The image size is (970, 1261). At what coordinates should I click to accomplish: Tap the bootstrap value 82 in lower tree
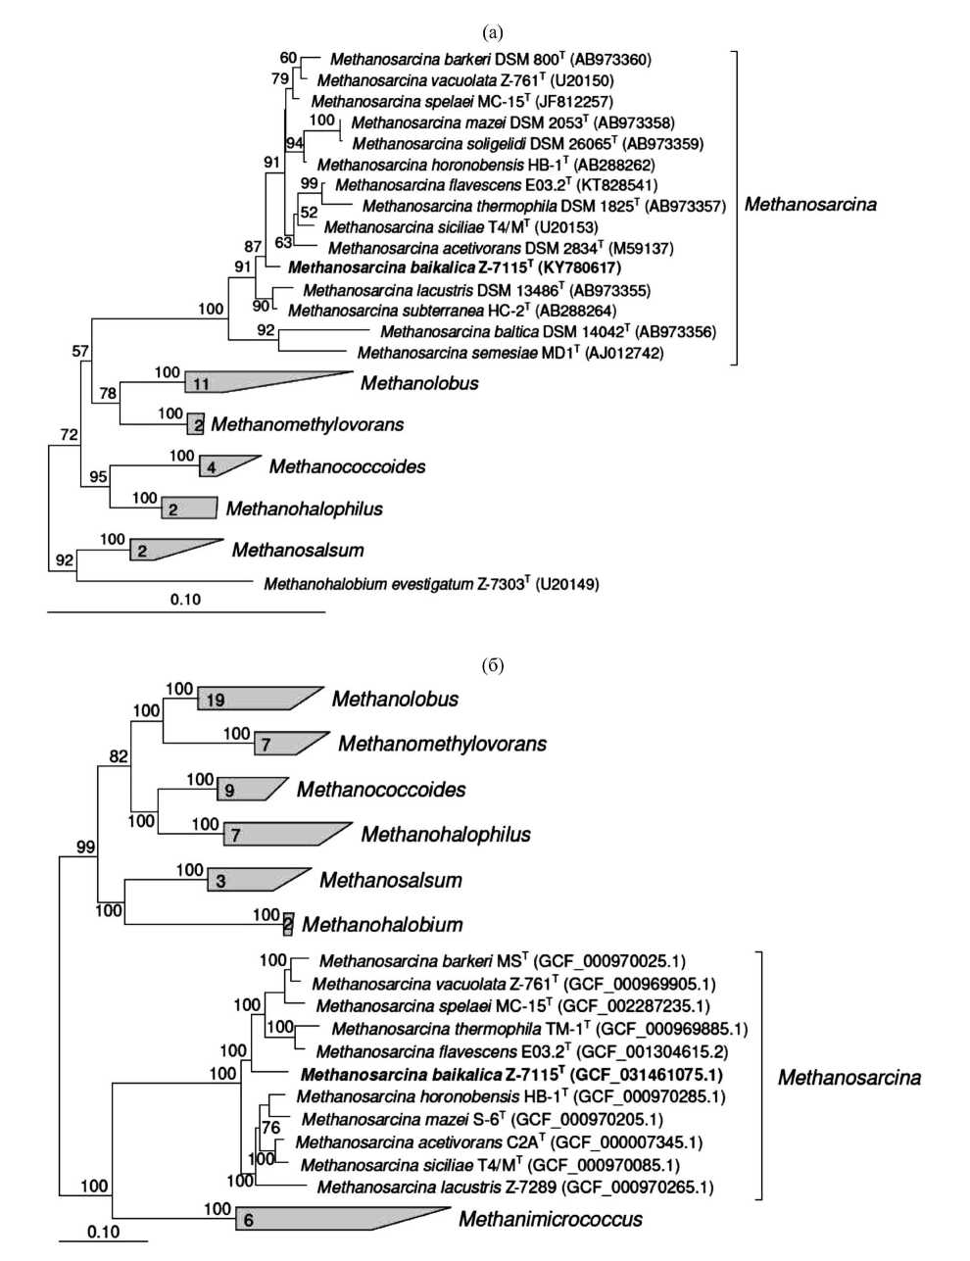coord(119,756)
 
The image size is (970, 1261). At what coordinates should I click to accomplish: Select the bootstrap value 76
coord(270,1129)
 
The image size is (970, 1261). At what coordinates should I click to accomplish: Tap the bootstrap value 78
coord(107,394)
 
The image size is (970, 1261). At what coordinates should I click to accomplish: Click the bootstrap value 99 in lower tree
coord(85,847)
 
